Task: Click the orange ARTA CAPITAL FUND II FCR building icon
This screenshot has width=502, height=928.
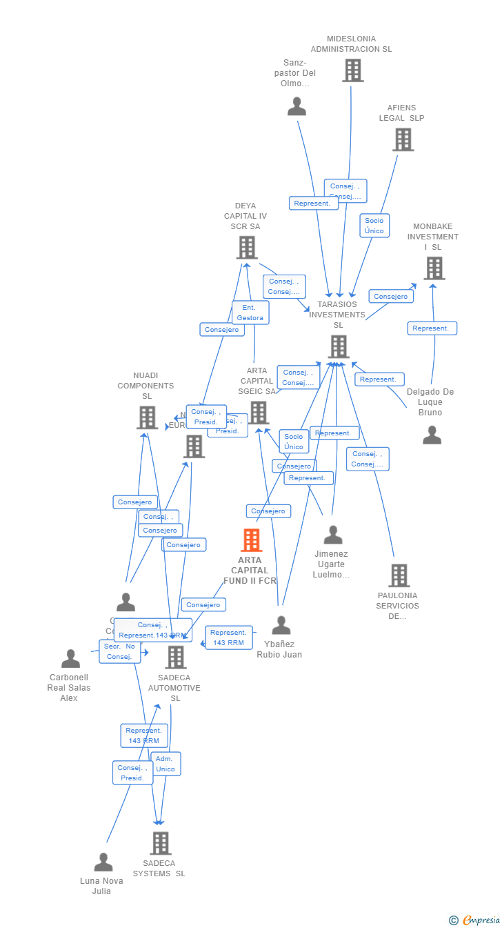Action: click(251, 540)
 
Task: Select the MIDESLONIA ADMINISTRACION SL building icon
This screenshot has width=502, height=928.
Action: click(352, 70)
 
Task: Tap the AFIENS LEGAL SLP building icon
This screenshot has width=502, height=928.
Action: click(403, 139)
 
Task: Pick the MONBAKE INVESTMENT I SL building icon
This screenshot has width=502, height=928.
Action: click(434, 268)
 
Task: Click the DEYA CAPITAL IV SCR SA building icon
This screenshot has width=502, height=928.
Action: click(247, 248)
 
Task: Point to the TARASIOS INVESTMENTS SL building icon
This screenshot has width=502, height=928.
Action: click(338, 346)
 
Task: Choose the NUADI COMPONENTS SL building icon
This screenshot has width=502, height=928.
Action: click(147, 417)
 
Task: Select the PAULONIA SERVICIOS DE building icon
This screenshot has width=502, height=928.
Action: click(399, 575)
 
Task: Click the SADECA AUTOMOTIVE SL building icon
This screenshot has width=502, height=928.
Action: click(176, 657)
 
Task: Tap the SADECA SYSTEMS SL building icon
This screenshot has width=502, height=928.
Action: click(161, 843)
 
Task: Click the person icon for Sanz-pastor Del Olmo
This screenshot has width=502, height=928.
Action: click(297, 106)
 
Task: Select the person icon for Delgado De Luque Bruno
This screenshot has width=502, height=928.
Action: click(432, 435)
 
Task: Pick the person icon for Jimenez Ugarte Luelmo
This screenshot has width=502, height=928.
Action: click(333, 535)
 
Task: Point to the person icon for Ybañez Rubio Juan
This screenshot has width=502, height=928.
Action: click(281, 625)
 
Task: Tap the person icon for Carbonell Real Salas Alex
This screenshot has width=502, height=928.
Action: click(70, 659)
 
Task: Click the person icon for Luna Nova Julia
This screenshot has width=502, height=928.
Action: click(103, 862)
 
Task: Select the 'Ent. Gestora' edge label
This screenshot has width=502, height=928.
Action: click(250, 313)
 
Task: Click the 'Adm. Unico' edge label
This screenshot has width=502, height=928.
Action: click(165, 764)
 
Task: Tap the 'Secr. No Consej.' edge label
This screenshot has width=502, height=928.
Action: click(120, 651)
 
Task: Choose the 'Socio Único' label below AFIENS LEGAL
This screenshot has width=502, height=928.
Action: click(374, 226)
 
